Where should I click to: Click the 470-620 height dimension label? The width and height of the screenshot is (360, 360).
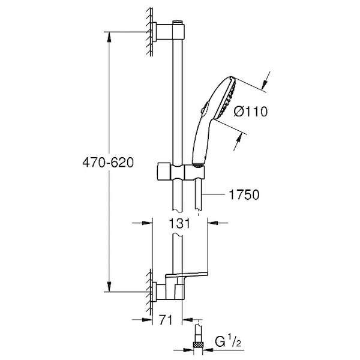coord(108,163)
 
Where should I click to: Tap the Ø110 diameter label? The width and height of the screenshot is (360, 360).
coord(250,112)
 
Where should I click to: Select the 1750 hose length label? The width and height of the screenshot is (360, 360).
coord(244,194)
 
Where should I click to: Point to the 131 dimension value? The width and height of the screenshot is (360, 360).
coord(179,223)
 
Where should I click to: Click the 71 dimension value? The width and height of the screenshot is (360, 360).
coord(166,320)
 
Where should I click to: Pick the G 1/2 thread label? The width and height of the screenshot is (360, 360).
coord(228,341)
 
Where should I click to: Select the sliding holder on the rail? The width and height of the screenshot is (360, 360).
coord(181,171)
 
